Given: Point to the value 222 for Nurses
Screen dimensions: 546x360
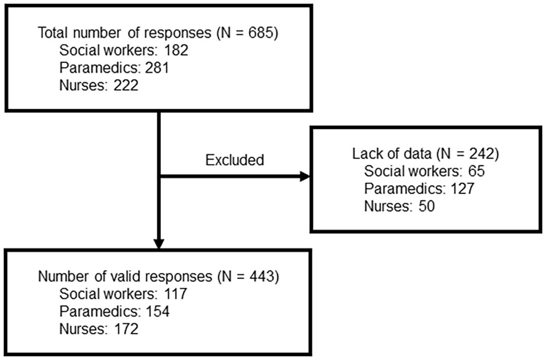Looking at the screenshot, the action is pyautogui.click(x=127, y=86).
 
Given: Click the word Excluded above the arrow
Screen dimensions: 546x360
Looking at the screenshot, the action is pyautogui.click(x=235, y=160).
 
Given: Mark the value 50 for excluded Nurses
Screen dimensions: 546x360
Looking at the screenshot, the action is pyautogui.click(x=426, y=206).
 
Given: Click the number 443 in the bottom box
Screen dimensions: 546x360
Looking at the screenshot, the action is pyautogui.click(x=260, y=277).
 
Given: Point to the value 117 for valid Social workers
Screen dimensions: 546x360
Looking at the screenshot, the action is pyautogui.click(x=175, y=294).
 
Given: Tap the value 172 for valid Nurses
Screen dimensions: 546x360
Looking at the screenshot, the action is pyautogui.click(x=127, y=329).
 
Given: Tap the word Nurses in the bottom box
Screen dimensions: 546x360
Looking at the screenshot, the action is pyautogui.click(x=81, y=329).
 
